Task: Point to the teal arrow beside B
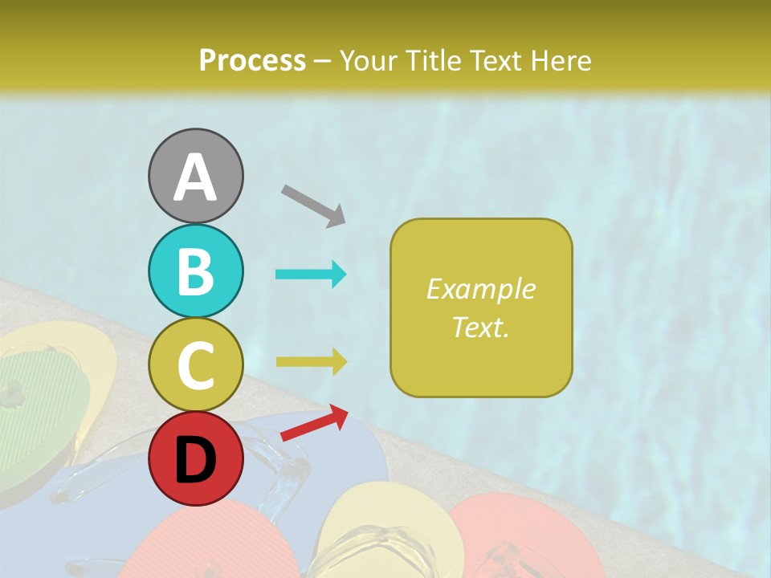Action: click(x=311, y=275)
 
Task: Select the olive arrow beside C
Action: click(x=311, y=361)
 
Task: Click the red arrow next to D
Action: click(x=314, y=423)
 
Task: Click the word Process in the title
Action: click(x=252, y=60)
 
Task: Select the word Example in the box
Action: click(x=481, y=289)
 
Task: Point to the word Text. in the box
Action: click(x=481, y=327)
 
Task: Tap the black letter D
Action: click(x=196, y=460)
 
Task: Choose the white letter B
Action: click(x=196, y=271)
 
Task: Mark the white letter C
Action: click(x=196, y=365)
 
